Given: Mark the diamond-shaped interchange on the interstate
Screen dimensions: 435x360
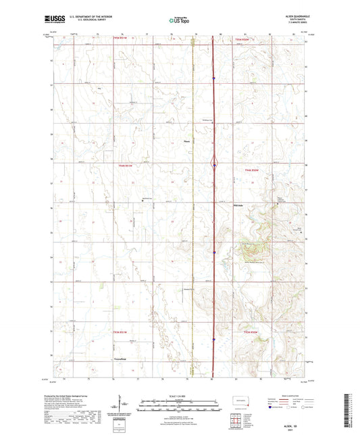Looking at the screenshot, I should (x=214, y=163).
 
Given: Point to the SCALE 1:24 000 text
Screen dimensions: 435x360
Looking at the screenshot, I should (x=180, y=394).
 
